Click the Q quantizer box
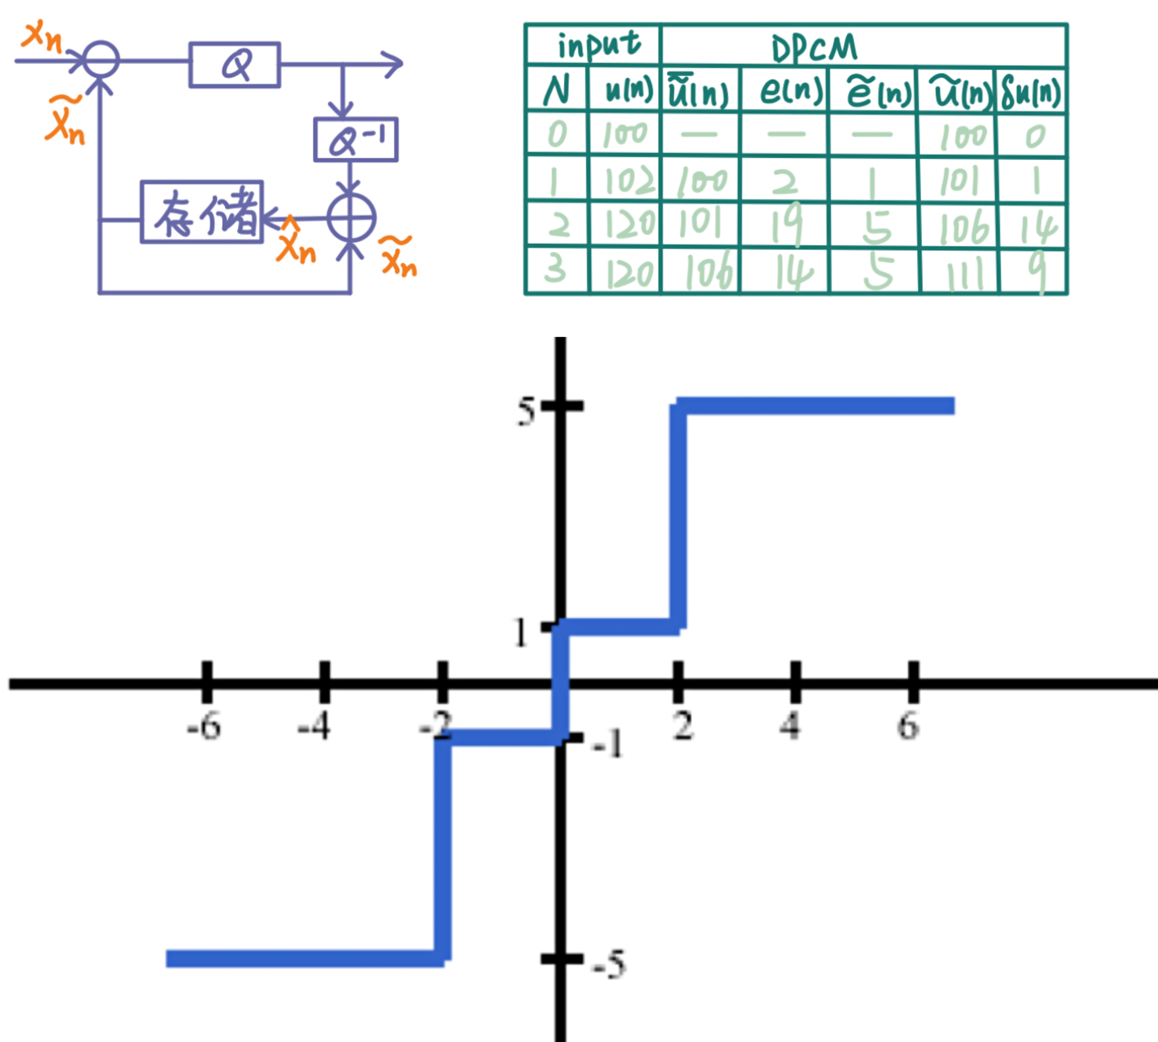coord(235,65)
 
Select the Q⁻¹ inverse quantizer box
coord(356,140)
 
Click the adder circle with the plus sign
coord(351,218)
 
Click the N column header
coord(556,90)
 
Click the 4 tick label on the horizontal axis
coord(791,726)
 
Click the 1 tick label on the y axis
coord(520,633)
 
